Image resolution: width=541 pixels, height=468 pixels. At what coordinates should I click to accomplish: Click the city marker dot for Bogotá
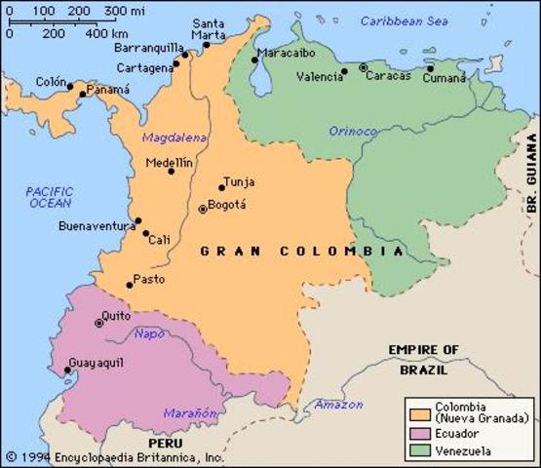click(x=203, y=209)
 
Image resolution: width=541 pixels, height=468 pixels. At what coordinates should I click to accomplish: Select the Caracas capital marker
click(x=364, y=68)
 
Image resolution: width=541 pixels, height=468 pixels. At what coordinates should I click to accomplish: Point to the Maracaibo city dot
click(x=254, y=59)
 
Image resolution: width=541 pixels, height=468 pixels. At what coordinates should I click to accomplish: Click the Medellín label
click(x=169, y=163)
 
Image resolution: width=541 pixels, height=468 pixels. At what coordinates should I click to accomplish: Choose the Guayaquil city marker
click(x=67, y=370)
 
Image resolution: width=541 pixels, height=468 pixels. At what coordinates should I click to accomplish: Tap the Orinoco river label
click(x=352, y=131)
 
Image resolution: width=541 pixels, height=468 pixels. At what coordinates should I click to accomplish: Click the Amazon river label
click(x=337, y=404)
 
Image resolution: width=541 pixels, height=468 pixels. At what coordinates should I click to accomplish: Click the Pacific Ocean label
click(x=49, y=197)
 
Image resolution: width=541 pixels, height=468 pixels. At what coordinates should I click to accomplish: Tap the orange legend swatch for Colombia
click(x=421, y=408)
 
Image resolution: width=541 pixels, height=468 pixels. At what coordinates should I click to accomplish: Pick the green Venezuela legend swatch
click(x=421, y=450)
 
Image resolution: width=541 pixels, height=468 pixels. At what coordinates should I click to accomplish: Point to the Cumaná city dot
click(x=430, y=68)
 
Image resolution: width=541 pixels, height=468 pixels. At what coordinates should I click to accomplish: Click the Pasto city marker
click(x=129, y=285)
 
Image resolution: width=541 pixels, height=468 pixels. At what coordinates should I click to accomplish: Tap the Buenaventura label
click(x=97, y=226)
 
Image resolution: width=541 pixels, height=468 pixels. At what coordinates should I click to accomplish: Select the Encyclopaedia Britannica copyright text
click(x=114, y=456)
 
